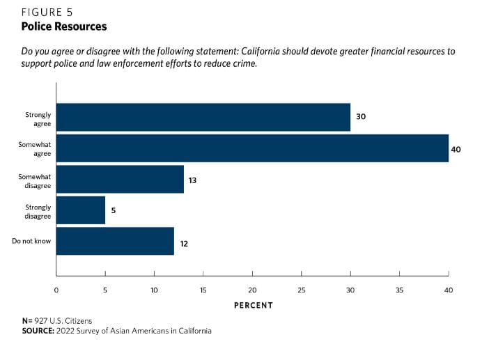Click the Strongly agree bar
[x=203, y=117]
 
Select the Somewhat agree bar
[x=252, y=148]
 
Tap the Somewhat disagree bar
[x=120, y=180]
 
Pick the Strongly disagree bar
[x=80, y=210]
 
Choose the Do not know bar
[x=115, y=242]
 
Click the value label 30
[x=361, y=117]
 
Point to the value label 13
[x=192, y=180]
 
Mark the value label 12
[x=184, y=243]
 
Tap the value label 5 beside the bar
[x=114, y=211]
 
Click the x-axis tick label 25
[x=302, y=290]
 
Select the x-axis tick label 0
[x=56, y=290]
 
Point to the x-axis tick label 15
[x=203, y=290]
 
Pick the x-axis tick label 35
[x=400, y=290]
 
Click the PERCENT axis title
[x=253, y=305]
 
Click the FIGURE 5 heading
[x=46, y=13]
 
